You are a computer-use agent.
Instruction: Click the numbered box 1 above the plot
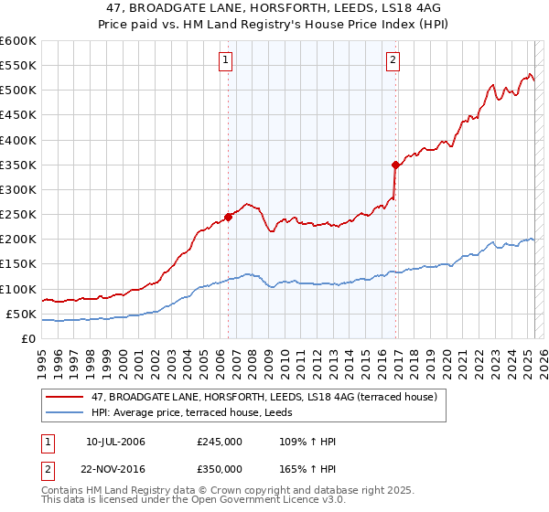point(226,61)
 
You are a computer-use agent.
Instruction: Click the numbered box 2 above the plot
point(393,61)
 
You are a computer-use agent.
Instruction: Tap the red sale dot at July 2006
point(228,217)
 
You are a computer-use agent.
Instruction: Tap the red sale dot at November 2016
point(395,165)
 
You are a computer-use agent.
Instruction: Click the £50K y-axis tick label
point(22,314)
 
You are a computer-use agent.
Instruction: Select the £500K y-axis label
point(18,90)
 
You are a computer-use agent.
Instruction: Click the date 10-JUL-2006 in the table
point(115,442)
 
